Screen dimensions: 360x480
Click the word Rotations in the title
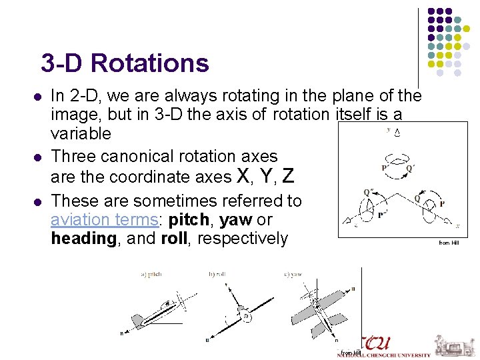150,63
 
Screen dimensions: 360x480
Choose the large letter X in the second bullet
244,176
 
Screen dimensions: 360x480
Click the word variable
81,133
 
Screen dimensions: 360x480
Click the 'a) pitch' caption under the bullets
151,274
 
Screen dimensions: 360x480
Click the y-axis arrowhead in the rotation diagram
398,132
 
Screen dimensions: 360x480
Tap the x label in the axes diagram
457,227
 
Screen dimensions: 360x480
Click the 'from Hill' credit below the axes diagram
449,243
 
